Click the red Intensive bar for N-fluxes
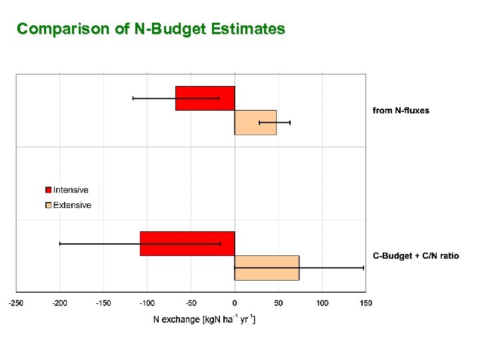tap(205, 98)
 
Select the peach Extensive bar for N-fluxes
tap(255, 123)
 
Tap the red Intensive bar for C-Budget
tap(187, 243)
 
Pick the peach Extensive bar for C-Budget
tap(267, 267)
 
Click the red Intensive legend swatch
tap(48, 190)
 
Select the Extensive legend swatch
tap(48, 205)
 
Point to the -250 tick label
tap(16, 303)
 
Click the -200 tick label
tap(59, 303)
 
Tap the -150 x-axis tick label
tap(103, 303)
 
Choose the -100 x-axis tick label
tap(147, 303)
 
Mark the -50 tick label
tap(191, 303)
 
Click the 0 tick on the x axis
tap(235, 303)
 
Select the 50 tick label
tap(279, 303)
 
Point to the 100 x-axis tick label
tap(322, 303)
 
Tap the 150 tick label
tap(366, 303)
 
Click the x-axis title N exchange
tap(205, 319)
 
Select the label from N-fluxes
tap(401, 111)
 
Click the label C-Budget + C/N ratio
tap(415, 256)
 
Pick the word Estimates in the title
tap(248, 29)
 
